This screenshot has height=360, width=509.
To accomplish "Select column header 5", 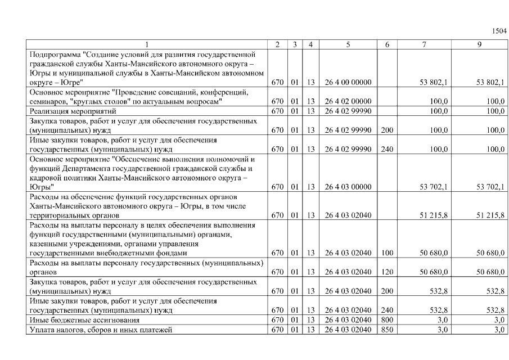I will [x=348, y=44].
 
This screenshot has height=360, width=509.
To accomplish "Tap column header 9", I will [x=479, y=44].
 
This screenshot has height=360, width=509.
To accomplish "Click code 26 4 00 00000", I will [x=348, y=82].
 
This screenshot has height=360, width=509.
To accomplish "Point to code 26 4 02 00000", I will [x=348, y=101].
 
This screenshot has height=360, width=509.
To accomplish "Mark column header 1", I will [x=147, y=44].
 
